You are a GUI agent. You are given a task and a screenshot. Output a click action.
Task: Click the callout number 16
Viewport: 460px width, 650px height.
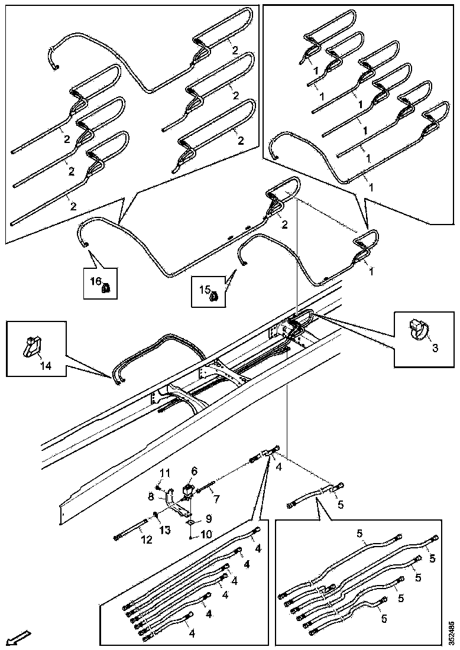click(x=96, y=282)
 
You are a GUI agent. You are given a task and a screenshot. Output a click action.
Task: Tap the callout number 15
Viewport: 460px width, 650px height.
click(x=204, y=290)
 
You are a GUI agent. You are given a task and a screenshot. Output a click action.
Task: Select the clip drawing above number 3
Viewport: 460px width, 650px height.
click(x=416, y=328)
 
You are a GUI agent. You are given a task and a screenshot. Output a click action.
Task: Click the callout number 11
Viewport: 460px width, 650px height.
click(x=166, y=472)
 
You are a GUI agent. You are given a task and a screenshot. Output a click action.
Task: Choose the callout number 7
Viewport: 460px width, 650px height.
click(x=216, y=499)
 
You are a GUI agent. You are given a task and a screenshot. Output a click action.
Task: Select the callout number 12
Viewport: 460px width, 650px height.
click(x=145, y=539)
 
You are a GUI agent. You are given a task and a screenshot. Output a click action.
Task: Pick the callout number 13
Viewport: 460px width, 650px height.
click(x=166, y=529)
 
